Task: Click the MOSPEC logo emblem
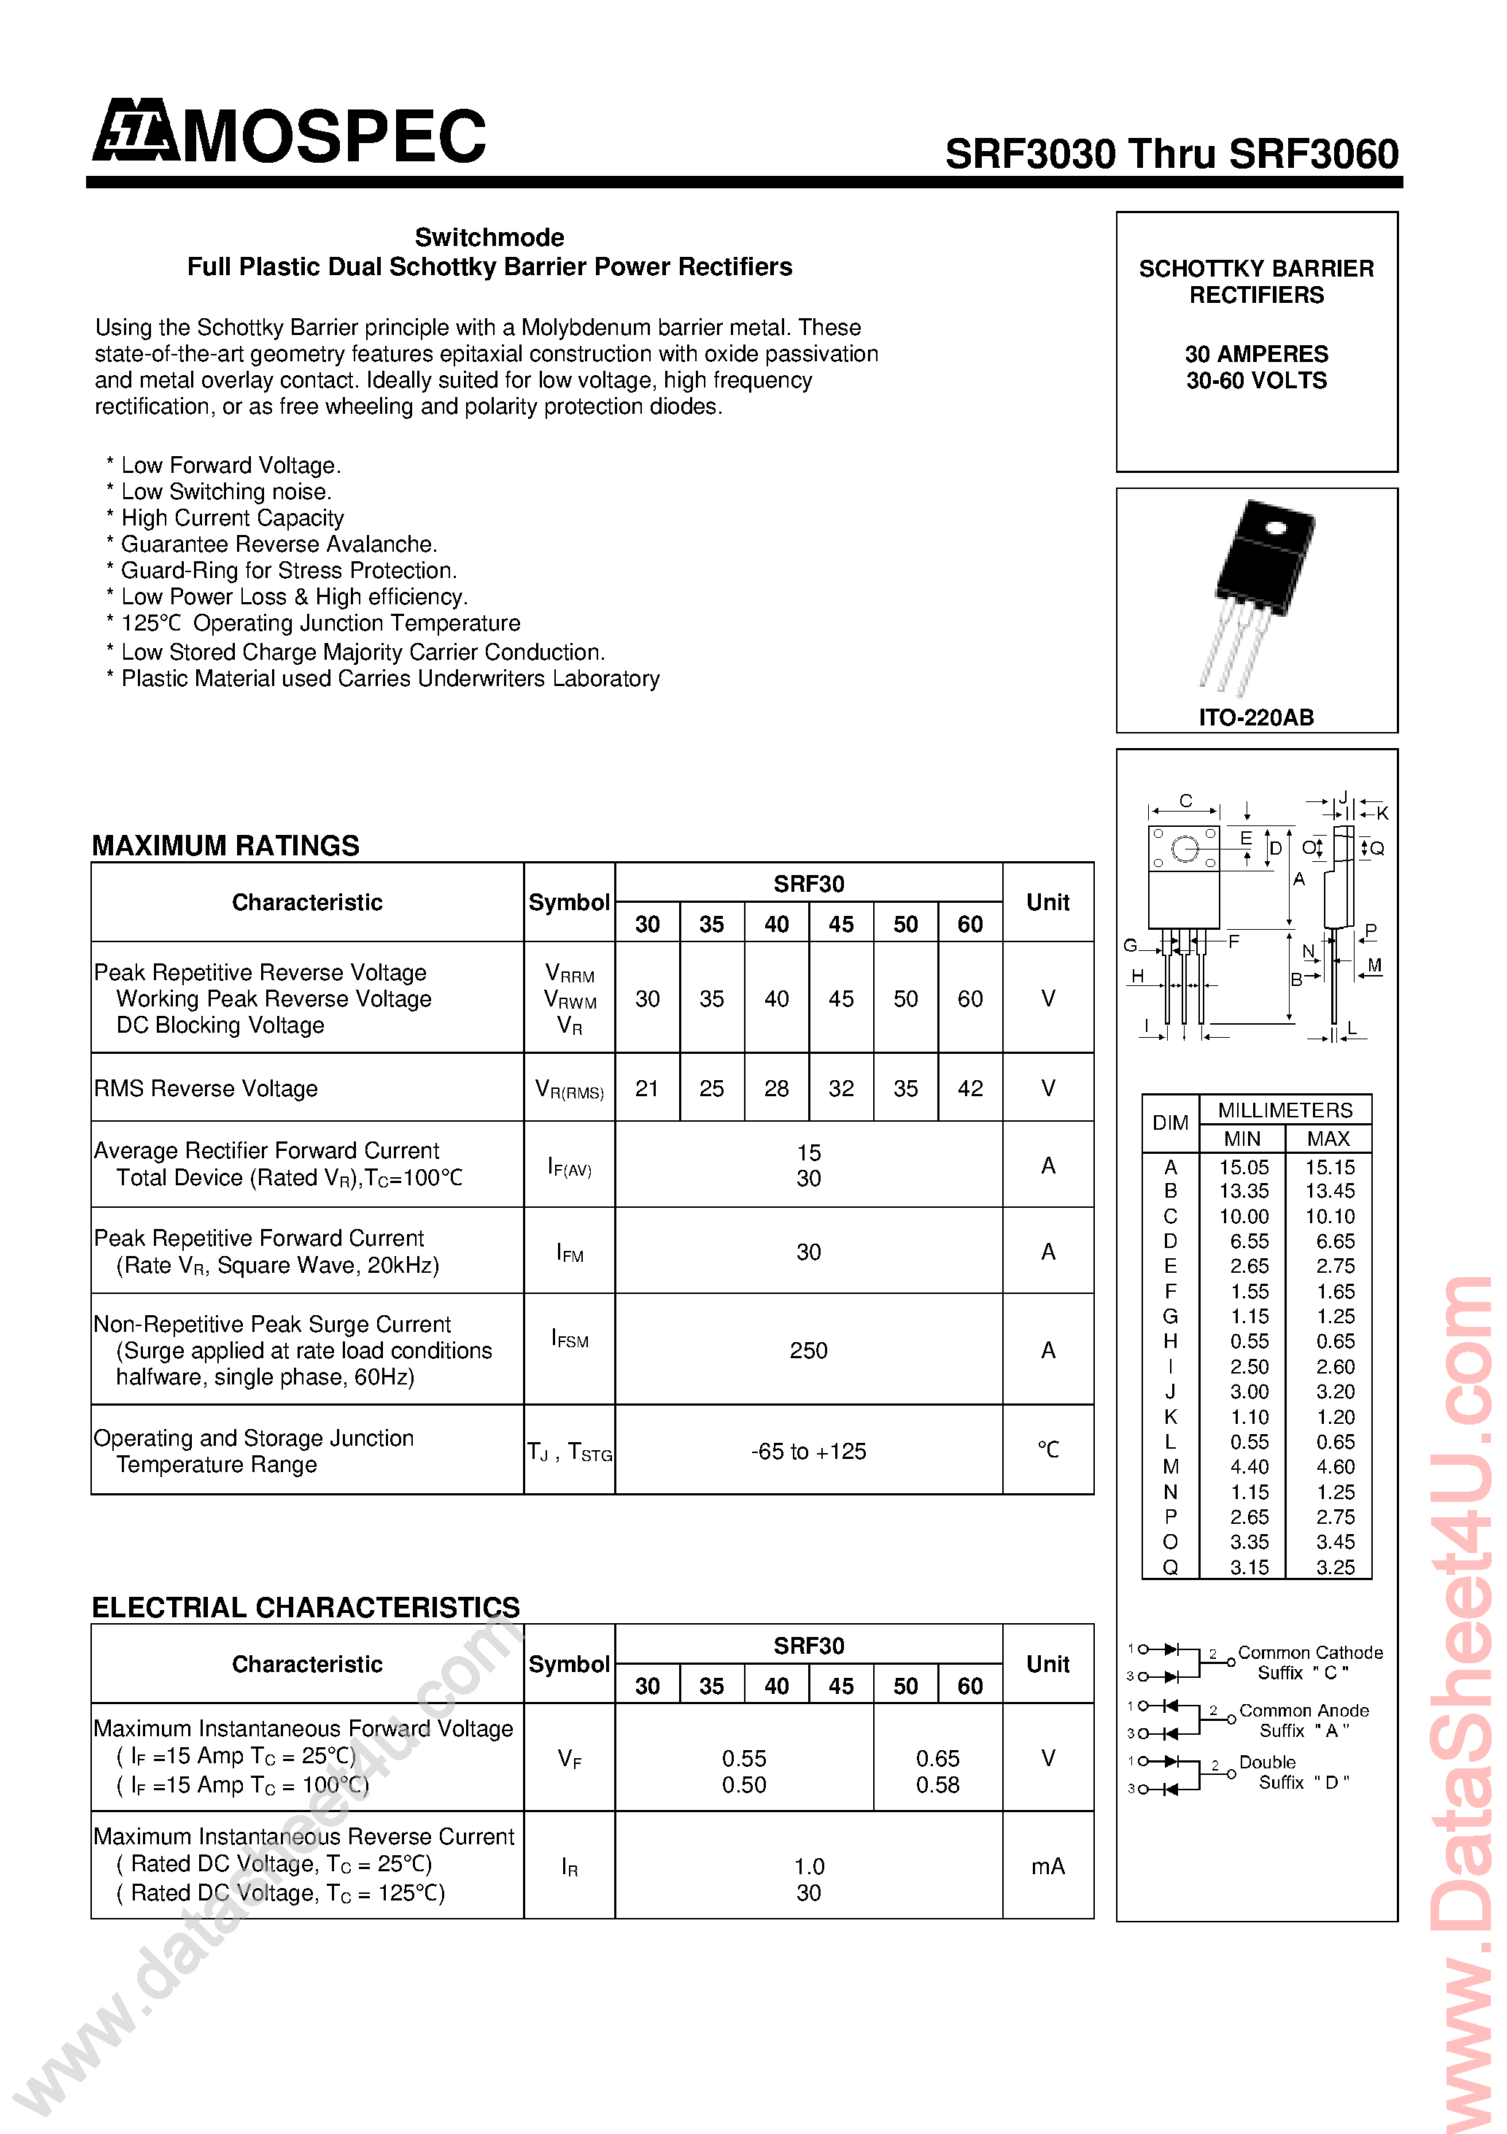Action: pyautogui.click(x=136, y=132)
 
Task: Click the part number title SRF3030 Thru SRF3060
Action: pyautogui.click(x=1171, y=154)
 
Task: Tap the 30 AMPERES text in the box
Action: pyautogui.click(x=1256, y=354)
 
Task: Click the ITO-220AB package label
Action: pyautogui.click(x=1256, y=717)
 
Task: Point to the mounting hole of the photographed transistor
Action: pyautogui.click(x=1275, y=529)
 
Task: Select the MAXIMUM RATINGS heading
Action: pyautogui.click(x=226, y=846)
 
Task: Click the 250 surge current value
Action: pyautogui.click(x=808, y=1350)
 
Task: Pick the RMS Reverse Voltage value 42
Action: pyautogui.click(x=970, y=1088)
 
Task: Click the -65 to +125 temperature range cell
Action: pyautogui.click(x=808, y=1452)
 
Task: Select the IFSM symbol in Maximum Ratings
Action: pyautogui.click(x=570, y=1339)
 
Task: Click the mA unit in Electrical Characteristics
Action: pyautogui.click(x=1048, y=1866)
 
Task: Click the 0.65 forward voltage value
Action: pyautogui.click(x=937, y=1758)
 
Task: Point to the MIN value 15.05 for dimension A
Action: pyautogui.click(x=1244, y=1168)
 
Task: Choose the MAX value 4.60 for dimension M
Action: pyautogui.click(x=1335, y=1467)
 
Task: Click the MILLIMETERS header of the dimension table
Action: pyautogui.click(x=1285, y=1111)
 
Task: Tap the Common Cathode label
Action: pyautogui.click(x=1310, y=1652)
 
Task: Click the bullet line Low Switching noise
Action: pyautogui.click(x=226, y=492)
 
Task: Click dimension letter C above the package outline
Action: pyautogui.click(x=1185, y=800)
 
